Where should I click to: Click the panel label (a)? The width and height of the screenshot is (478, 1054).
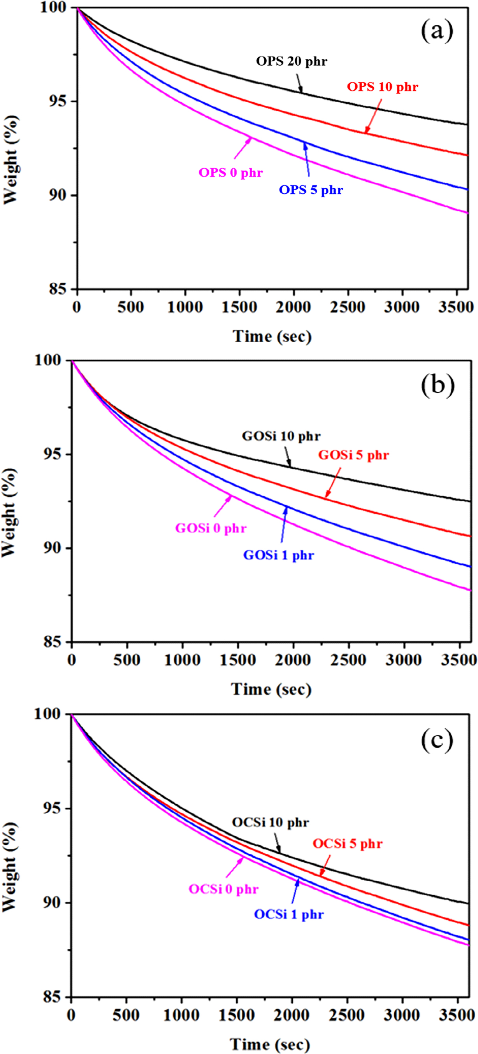437,31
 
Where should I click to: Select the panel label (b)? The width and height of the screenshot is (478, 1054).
438,385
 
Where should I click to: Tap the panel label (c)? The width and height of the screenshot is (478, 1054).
437,740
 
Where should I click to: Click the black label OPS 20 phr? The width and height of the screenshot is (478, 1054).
292,61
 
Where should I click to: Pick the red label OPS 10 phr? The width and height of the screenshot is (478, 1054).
383,87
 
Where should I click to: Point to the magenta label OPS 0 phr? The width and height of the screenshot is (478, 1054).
230,173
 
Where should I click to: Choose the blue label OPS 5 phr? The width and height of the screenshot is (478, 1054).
311,190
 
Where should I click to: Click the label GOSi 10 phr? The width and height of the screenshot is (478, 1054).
281,436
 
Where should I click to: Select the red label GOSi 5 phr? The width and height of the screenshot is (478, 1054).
353,455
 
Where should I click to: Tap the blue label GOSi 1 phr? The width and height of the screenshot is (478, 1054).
279,555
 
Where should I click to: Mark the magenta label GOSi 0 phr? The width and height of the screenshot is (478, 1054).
211,528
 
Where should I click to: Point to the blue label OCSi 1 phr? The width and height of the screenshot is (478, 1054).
289,914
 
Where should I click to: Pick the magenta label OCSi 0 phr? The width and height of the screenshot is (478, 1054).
223,889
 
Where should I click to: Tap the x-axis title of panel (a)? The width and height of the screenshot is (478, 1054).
272,336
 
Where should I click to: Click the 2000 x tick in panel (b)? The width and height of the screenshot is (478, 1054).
293,660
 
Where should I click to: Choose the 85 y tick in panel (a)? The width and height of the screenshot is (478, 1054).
57,289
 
